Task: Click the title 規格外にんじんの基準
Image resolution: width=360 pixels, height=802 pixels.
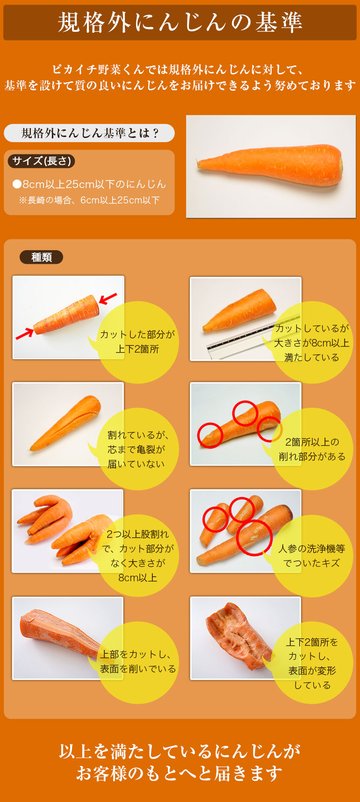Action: pyautogui.click(x=180, y=22)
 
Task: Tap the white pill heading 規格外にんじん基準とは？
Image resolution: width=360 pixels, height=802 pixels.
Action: pyautogui.click(x=89, y=133)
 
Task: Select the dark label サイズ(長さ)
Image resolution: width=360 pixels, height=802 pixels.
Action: pyautogui.click(x=42, y=161)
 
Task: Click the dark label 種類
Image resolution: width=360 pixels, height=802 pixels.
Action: pyautogui.click(x=41, y=257)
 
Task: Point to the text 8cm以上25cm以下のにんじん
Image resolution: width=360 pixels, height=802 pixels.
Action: pyautogui.click(x=89, y=184)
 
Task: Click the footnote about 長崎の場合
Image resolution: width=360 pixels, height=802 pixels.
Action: pyautogui.click(x=89, y=200)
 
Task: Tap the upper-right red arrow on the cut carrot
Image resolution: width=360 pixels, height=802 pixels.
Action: pyautogui.click(x=107, y=298)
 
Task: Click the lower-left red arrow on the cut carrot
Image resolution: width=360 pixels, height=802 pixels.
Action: pyautogui.click(x=25, y=333)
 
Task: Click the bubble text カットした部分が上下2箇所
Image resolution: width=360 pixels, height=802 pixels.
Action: pyautogui.click(x=137, y=342)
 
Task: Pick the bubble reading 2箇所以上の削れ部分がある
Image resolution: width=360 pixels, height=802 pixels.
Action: pyautogui.click(x=312, y=449)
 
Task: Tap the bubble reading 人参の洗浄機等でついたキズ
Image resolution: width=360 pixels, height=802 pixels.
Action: pyautogui.click(x=312, y=556)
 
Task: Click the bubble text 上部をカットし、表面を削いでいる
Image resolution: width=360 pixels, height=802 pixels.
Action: pyautogui.click(x=138, y=662)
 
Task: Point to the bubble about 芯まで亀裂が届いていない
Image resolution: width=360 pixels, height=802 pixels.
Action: pyautogui.click(x=136, y=449)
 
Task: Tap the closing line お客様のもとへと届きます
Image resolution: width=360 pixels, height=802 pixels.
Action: pyautogui.click(x=180, y=773)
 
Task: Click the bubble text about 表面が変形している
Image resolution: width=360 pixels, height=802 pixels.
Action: pyautogui.click(x=312, y=664)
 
